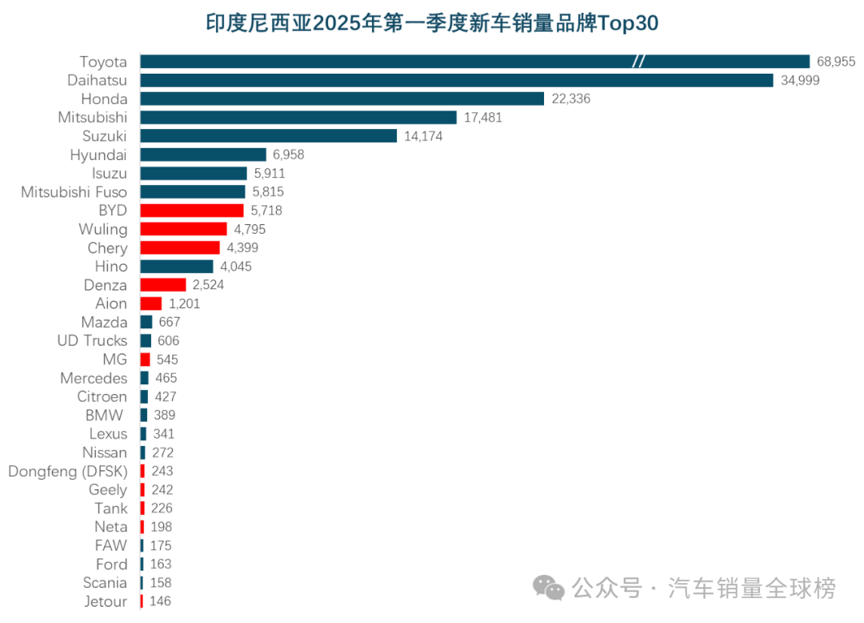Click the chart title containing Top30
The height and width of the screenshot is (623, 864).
point(432,23)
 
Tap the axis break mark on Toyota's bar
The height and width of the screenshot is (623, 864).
point(638,62)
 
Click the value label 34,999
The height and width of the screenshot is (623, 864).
point(800,80)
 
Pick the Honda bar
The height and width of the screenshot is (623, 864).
point(342,98)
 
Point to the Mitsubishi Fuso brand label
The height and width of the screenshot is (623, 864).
point(74,191)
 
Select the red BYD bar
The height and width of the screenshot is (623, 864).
point(192,210)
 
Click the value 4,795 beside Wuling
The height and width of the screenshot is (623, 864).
point(250,229)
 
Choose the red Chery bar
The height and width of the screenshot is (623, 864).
point(180,247)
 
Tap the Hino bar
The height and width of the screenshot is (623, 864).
point(177,266)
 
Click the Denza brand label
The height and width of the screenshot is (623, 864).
point(105,285)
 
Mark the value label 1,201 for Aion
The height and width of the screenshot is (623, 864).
point(184,303)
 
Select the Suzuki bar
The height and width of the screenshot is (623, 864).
point(268,136)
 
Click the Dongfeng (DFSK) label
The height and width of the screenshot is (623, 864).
point(67,471)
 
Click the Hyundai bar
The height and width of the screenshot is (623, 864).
point(203,155)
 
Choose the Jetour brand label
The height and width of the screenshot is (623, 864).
point(105,601)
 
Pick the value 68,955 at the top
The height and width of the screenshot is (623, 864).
point(836,62)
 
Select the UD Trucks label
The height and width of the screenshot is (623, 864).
point(92,340)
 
